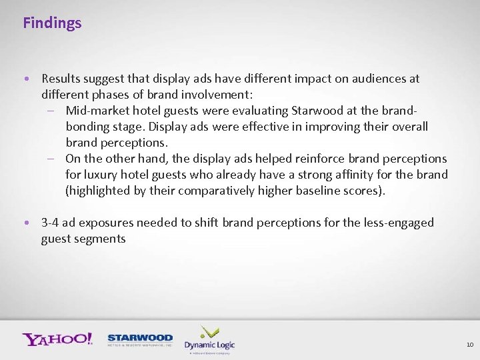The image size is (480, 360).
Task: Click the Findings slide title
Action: (x=52, y=23)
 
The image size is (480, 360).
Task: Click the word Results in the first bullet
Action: (x=61, y=79)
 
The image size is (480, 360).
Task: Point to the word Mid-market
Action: (x=97, y=111)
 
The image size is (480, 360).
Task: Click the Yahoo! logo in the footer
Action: (x=57, y=339)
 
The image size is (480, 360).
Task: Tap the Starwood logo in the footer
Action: (x=140, y=340)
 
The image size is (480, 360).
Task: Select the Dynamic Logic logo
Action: (x=209, y=339)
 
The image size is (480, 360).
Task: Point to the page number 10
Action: (x=469, y=345)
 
